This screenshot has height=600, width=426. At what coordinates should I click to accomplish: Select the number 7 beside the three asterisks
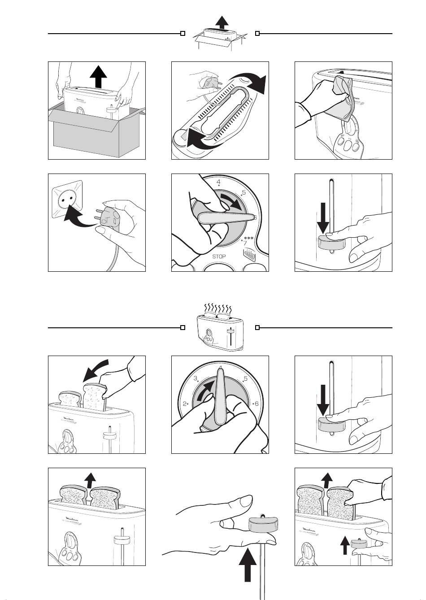click(245, 243)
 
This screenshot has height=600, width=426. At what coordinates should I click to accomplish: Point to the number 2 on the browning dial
click(185, 404)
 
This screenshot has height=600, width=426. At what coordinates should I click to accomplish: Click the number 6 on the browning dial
click(256, 404)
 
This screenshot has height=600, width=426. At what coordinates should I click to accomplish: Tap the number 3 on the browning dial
click(196, 379)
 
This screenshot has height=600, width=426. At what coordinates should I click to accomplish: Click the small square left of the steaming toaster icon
click(183, 328)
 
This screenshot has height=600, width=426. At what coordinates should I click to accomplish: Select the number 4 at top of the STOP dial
click(218, 182)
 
